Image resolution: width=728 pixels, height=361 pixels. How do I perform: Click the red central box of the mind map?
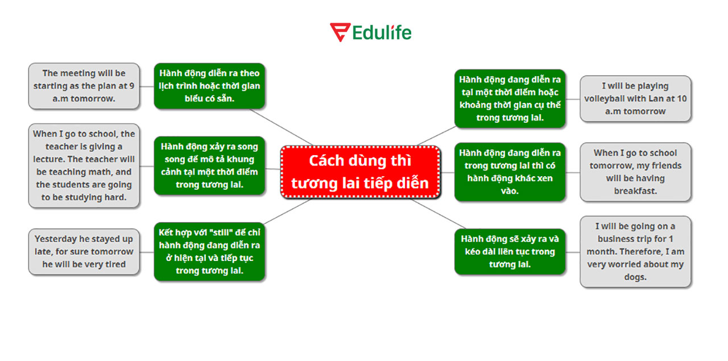tap(361, 172)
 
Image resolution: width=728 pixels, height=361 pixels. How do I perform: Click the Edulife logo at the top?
tap(370, 32)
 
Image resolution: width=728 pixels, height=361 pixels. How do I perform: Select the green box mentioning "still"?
tap(209, 251)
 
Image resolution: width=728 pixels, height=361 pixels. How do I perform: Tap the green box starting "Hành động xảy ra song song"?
tap(209, 165)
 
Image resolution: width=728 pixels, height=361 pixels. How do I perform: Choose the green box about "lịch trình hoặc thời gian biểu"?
tap(209, 86)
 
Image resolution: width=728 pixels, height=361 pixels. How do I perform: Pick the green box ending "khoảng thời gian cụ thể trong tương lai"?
tap(510, 99)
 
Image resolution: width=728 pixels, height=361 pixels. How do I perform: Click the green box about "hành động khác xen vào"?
tap(510, 172)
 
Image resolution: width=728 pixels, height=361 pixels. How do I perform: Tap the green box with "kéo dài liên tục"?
tap(510, 251)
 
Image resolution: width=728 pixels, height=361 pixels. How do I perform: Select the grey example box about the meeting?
tap(84, 86)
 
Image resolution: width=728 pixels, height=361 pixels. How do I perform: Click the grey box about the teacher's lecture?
tap(84, 165)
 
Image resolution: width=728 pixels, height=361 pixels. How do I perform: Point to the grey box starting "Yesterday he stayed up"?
tap(84, 251)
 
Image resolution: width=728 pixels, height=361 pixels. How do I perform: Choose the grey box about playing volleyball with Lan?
tap(635, 99)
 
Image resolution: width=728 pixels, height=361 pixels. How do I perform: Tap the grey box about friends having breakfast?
tap(635, 172)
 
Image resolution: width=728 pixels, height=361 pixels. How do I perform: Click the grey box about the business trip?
tap(635, 251)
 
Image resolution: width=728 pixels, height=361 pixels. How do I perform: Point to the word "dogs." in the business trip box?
tap(635, 277)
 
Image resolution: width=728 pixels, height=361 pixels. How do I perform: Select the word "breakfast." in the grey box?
tap(635, 191)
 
